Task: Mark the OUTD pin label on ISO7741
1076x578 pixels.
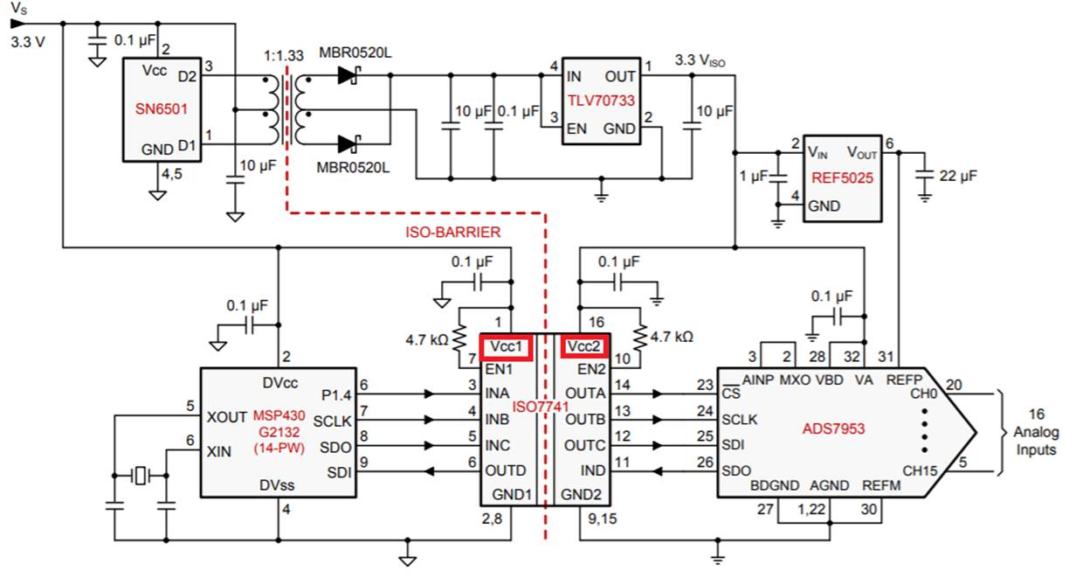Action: click(x=506, y=470)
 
